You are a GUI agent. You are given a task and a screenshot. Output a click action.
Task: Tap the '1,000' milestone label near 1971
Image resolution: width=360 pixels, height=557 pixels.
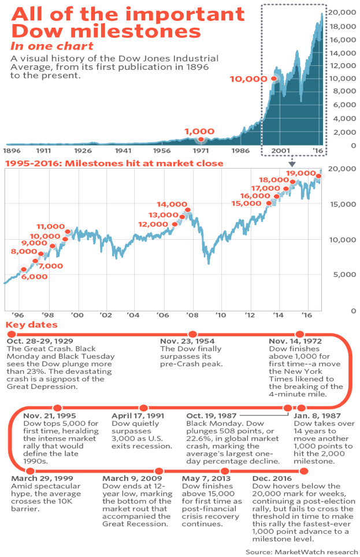(199, 132)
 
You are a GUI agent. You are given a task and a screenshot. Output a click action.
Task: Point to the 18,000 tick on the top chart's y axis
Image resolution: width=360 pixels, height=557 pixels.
(342, 25)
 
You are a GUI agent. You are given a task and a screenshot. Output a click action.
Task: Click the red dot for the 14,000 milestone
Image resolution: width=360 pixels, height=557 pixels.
(188, 210)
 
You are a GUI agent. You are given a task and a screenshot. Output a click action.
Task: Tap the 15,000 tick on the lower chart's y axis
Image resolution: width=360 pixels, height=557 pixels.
(342, 203)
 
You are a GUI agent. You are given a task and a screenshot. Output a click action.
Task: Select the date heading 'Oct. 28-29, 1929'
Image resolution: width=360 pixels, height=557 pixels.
(40, 341)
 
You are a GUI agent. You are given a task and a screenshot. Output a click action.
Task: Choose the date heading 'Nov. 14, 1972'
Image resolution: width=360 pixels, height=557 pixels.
(295, 341)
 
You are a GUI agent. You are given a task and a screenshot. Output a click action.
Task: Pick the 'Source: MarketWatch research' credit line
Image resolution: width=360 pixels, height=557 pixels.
(300, 552)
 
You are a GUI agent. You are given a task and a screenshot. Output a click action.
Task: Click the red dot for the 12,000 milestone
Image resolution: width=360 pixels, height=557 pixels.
(175, 224)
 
